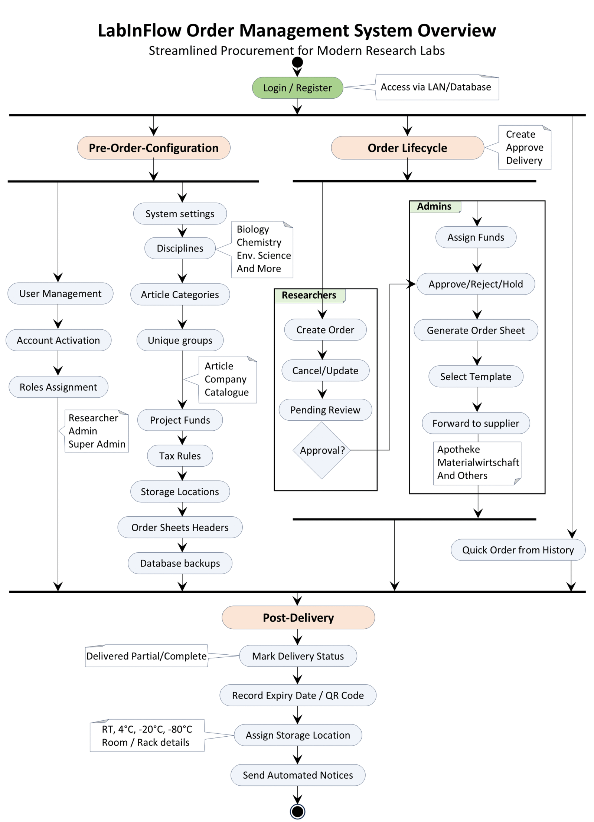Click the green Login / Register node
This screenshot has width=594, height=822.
pyautogui.click(x=297, y=88)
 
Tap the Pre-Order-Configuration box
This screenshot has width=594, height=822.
pyautogui.click(x=154, y=148)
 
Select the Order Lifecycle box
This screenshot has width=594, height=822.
pyautogui.click(x=407, y=148)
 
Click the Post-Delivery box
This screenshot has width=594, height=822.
pyautogui.click(x=298, y=617)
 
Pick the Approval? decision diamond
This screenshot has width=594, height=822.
pyautogui.click(x=322, y=450)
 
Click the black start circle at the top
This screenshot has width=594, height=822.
pyautogui.click(x=297, y=62)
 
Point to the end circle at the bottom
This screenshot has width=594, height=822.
pyautogui.click(x=297, y=811)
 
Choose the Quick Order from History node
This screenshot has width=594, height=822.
pyautogui.click(x=518, y=550)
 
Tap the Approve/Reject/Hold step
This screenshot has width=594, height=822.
pyautogui.click(x=476, y=284)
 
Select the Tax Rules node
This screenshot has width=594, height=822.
pyautogui.click(x=180, y=456)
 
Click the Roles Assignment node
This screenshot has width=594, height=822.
pyautogui.click(x=58, y=387)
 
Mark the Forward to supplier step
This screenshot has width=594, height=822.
pyautogui.click(x=476, y=423)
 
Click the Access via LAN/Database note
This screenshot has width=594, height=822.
pyautogui.click(x=437, y=87)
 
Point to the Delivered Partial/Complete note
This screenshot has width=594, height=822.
pyautogui.click(x=146, y=656)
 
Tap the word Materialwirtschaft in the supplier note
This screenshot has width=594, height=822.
pyautogui.click(x=478, y=462)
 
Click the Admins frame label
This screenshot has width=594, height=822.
pyautogui.click(x=434, y=206)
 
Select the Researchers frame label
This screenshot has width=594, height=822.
pyautogui.click(x=309, y=295)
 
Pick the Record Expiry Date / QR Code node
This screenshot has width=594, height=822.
pyautogui.click(x=298, y=695)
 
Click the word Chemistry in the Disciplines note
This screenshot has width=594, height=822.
pyautogui.click(x=259, y=242)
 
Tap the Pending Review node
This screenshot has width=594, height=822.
pyautogui.click(x=325, y=410)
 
